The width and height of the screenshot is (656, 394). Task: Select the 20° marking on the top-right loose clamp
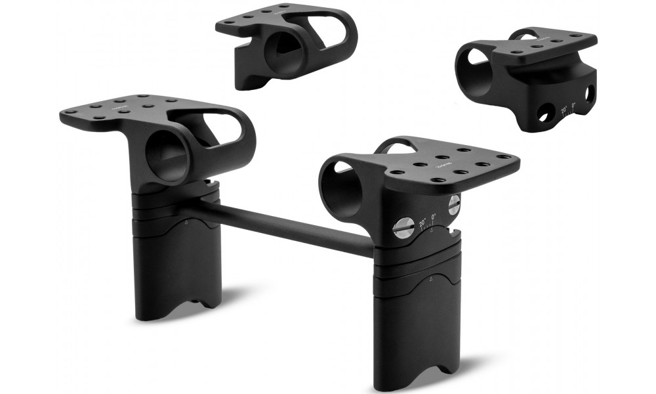pos(564,110)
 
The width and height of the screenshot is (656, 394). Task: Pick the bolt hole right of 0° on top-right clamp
pos(590,94)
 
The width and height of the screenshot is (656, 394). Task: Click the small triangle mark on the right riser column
pos(438,278)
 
